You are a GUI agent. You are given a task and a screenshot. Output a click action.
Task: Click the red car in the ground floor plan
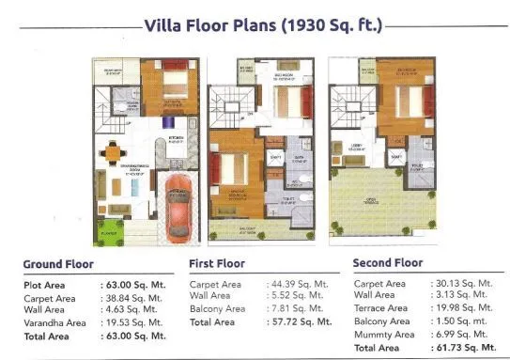[x=177, y=206]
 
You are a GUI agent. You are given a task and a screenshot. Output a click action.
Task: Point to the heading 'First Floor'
[x=220, y=264]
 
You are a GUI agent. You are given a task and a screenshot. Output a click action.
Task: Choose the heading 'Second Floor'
[x=387, y=263]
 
